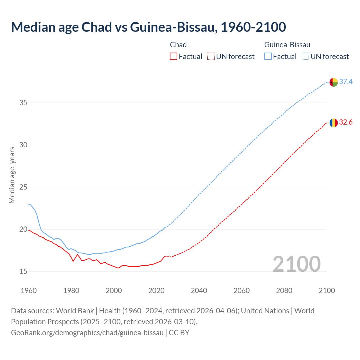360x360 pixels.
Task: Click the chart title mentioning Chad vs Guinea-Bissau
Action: click(148, 27)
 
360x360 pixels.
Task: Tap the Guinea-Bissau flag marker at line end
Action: click(333, 82)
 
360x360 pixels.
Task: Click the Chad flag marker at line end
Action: click(333, 123)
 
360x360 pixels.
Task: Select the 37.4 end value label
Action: click(346, 82)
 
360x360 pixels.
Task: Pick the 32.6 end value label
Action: click(346, 122)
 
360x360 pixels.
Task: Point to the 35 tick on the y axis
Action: click(23, 103)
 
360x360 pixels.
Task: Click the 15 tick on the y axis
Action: click(23, 272)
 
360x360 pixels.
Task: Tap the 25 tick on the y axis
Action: click(23, 187)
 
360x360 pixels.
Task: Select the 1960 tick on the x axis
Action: click(29, 291)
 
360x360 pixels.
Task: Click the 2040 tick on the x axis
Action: click(199, 291)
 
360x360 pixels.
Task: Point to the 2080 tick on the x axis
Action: click(284, 291)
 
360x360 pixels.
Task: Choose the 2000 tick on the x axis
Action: click(114, 291)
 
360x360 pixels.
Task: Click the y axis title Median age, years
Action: click(12, 175)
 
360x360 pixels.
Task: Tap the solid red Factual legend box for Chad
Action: click(174, 57)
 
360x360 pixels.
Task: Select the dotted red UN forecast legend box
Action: click(211, 57)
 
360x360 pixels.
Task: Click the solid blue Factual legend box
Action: click(268, 57)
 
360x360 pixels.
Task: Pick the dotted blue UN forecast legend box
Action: click(305, 57)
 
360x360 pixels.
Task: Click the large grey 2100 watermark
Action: click(296, 264)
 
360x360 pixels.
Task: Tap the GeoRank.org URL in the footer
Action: click(87, 333)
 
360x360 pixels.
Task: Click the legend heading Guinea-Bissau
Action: click(287, 45)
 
